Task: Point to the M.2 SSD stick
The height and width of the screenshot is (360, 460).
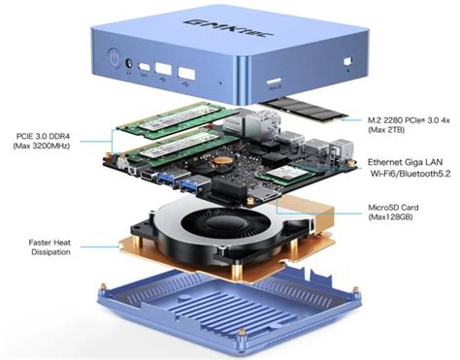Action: pyautogui.click(x=304, y=109)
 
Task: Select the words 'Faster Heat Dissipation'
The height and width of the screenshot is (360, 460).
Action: pyautogui.click(x=55, y=247)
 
